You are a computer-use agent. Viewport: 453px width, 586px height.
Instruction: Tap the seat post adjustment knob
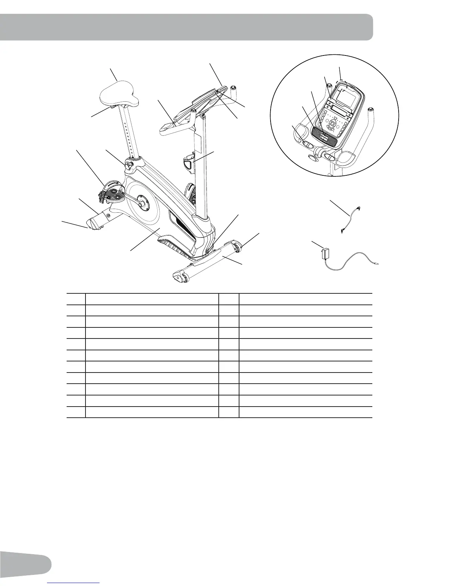(x=129, y=165)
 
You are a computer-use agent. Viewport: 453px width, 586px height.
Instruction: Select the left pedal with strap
(x=110, y=193)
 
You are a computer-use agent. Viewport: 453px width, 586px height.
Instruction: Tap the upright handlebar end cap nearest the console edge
(x=233, y=88)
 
